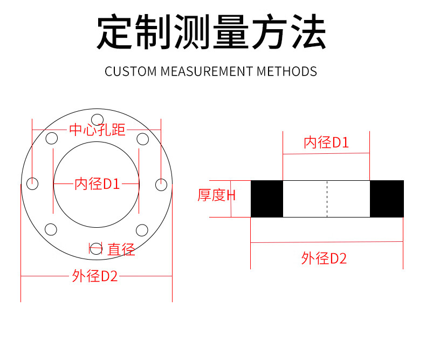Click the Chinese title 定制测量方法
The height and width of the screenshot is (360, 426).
click(211, 33)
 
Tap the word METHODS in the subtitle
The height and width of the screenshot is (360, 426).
click(287, 71)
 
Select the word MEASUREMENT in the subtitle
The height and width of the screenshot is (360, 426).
click(207, 71)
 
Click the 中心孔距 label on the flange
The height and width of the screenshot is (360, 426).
click(97, 130)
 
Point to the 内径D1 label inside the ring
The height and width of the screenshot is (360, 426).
click(97, 184)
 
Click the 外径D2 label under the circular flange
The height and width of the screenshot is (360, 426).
click(95, 276)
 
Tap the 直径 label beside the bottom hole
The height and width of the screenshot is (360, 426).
click(121, 249)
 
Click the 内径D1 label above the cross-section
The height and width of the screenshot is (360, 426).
click(326, 143)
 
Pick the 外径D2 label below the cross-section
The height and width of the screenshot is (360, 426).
click(324, 259)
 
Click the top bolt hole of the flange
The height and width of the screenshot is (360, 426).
click(97, 119)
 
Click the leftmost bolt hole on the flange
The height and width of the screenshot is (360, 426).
click(32, 184)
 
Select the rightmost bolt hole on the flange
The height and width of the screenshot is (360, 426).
click(161, 184)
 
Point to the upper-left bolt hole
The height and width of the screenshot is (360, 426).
click(51, 139)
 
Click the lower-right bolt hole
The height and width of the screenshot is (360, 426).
click(142, 230)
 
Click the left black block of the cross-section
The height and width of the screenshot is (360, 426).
click(267, 199)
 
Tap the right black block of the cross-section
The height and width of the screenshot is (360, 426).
click(387, 199)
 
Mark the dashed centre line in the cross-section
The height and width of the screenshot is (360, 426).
click(327, 199)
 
